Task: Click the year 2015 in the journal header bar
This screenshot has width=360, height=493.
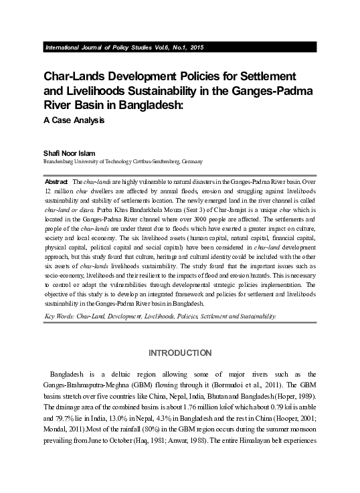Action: point(196,48)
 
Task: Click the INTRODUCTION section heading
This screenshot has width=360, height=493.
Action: point(179,353)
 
